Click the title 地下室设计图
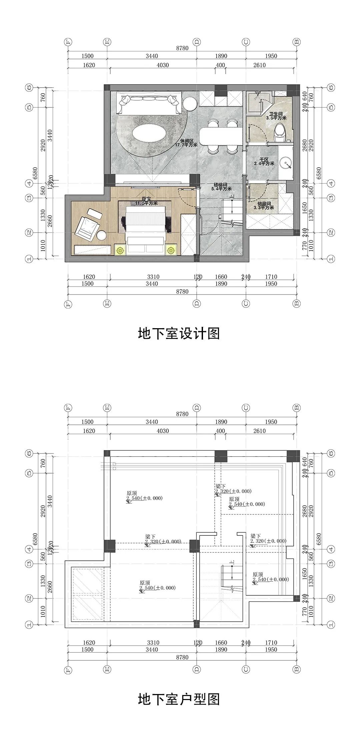pos(179,334)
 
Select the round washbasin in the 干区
pos(285,163)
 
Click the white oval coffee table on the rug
pos(149,133)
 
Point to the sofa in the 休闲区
pos(149,103)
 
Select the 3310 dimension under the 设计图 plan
pos(153,277)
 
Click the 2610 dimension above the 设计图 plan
pos(259,65)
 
